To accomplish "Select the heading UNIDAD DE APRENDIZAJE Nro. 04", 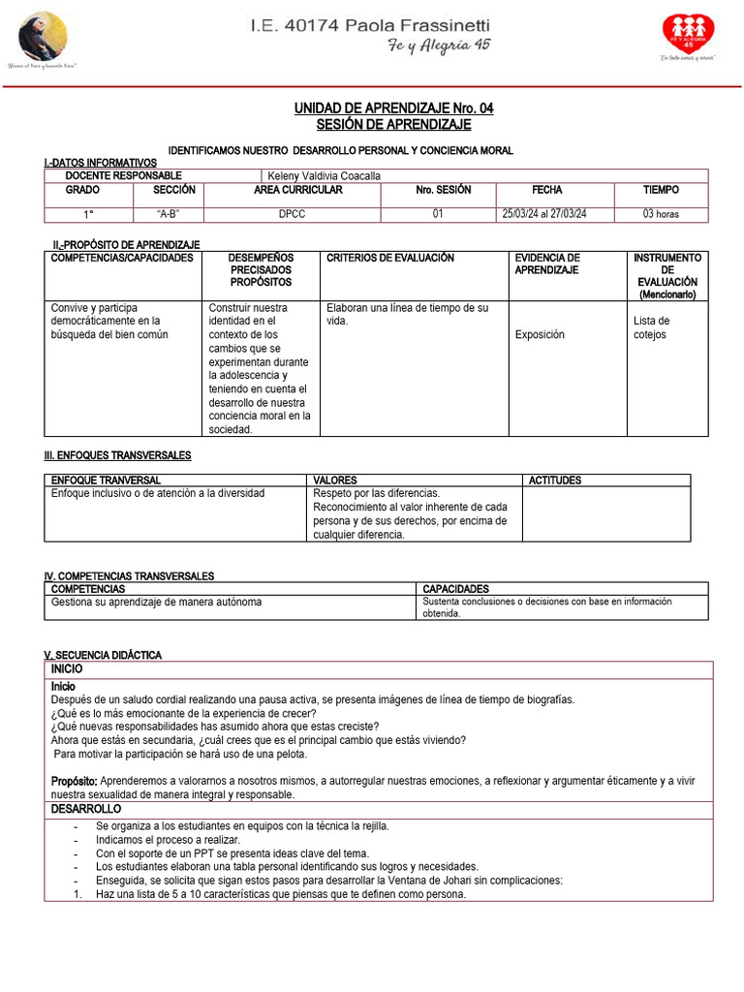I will point(393,108).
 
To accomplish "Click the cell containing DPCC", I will point(292,214).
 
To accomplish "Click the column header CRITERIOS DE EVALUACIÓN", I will point(390,258).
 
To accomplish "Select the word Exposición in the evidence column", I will point(540,334).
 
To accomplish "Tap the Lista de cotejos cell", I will point(652,327).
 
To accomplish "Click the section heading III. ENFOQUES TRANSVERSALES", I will point(117,455).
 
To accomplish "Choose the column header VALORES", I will point(335,480).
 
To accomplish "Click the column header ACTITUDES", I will point(555,480).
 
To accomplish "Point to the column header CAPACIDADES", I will point(456,589).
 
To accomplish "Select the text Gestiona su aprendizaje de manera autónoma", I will point(156,602).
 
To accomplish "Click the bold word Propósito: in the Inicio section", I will point(74,780).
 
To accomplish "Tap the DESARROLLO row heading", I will point(86,808).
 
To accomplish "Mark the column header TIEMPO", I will point(661,190).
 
